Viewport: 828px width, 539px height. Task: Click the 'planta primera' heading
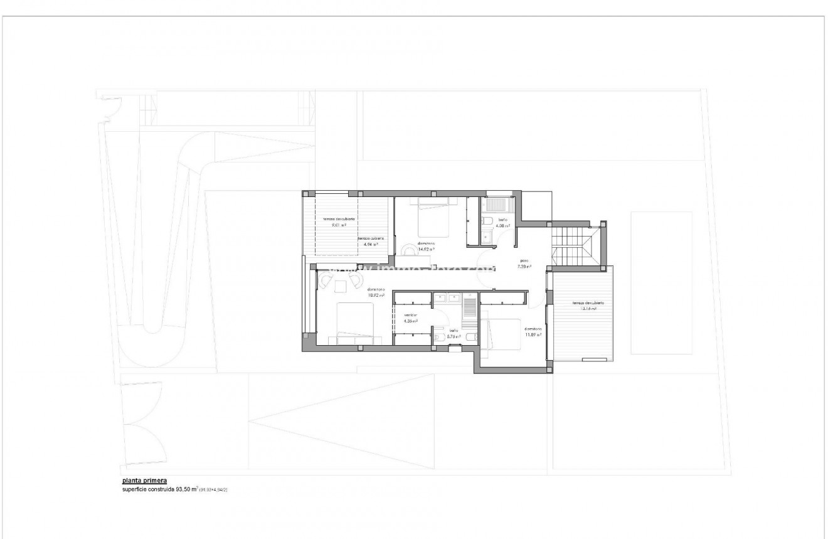coord(144,481)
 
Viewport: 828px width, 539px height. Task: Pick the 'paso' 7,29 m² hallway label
coord(524,264)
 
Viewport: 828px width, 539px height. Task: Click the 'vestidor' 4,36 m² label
coord(411,318)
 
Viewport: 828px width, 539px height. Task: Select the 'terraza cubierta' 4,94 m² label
coord(371,242)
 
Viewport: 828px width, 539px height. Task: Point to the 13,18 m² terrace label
coord(584,306)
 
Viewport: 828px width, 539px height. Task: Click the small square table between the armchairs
coord(341,286)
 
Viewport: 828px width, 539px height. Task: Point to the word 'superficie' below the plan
coord(135,489)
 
